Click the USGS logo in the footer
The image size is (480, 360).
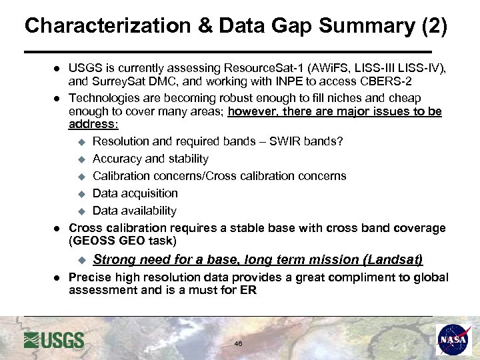point(54,340)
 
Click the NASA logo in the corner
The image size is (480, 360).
point(454,340)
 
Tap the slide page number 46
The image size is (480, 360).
point(238,343)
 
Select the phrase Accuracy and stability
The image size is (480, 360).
point(151,159)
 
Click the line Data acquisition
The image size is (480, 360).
point(135,193)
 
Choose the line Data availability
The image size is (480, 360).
point(135,211)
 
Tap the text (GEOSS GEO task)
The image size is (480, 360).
point(123,240)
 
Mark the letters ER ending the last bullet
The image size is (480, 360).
point(248,290)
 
